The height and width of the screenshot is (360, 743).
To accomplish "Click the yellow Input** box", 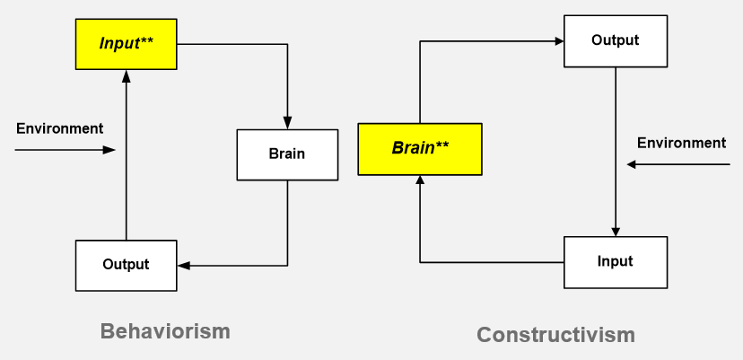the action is [x=126, y=44].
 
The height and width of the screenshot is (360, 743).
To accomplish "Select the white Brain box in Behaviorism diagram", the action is [x=287, y=154].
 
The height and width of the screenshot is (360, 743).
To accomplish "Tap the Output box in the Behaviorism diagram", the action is [x=126, y=266].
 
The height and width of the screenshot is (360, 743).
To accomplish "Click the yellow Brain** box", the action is [x=420, y=149].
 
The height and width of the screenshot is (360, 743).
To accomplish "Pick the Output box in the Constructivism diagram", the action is [x=616, y=41].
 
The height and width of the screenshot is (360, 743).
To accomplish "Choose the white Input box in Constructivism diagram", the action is [x=616, y=262].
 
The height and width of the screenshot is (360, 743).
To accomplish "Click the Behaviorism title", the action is [x=165, y=331].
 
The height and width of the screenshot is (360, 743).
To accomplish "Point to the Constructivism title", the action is [x=555, y=335].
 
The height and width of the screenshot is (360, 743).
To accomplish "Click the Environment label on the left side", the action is [x=60, y=128].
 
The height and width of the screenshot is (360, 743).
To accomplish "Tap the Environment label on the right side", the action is [x=681, y=143].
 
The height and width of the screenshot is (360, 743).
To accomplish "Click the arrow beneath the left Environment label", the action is [x=65, y=150].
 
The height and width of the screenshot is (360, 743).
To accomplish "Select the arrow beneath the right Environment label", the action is [x=678, y=164].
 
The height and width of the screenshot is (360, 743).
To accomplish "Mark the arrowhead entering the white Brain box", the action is [x=287, y=123].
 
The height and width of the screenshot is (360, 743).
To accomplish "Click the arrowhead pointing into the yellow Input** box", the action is [x=126, y=76].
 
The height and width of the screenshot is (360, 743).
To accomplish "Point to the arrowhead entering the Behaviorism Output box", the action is [x=183, y=266].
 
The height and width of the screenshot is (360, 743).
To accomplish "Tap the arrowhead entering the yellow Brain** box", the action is [x=420, y=181].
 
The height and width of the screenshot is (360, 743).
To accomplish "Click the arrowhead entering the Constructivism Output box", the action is [x=558, y=41].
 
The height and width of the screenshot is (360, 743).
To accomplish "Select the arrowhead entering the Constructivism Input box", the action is [x=616, y=231].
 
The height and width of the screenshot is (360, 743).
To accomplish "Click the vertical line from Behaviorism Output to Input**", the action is [x=126, y=155].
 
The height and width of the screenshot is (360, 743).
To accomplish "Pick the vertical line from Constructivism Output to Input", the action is [x=616, y=152].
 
